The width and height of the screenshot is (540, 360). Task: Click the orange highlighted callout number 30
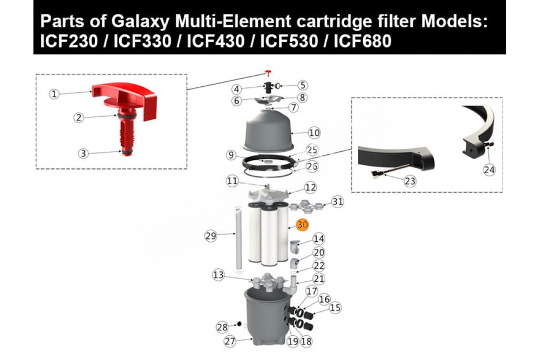coord(302,225)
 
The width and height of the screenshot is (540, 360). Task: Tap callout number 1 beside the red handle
coord(54,94)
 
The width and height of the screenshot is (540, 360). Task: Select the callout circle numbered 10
coord(314,133)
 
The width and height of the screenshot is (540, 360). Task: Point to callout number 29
coord(211,236)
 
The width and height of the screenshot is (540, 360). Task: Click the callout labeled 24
coord(489,170)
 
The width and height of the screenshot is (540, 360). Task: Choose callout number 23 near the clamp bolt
coord(410,181)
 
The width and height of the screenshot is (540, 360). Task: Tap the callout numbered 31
coord(337,202)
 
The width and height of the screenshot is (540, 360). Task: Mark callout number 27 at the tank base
coord(230,341)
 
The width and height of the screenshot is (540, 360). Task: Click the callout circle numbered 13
coord(218,275)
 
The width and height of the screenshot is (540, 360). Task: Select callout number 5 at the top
coord(303,85)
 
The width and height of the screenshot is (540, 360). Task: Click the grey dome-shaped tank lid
coord(268,131)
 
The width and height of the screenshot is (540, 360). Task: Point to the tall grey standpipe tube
coord(238,238)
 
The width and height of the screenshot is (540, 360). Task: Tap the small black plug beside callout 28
coord(239,324)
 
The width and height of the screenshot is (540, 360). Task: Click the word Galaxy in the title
coord(140,21)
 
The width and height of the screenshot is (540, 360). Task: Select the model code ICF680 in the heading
coord(362,41)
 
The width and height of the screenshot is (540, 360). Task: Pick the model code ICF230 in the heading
coord(69,41)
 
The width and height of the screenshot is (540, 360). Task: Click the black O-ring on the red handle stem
coord(127,115)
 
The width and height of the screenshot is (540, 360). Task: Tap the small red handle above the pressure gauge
coord(268,73)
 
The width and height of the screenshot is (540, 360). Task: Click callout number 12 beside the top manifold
coord(310,187)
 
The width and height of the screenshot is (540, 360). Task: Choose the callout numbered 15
coord(335,308)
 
